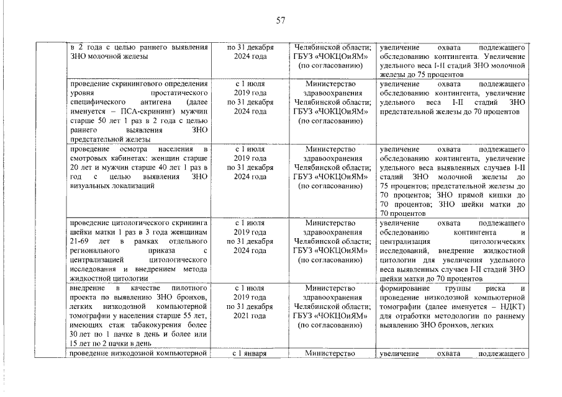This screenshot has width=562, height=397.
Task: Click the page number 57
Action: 281,20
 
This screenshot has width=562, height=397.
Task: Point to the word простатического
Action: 178,92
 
